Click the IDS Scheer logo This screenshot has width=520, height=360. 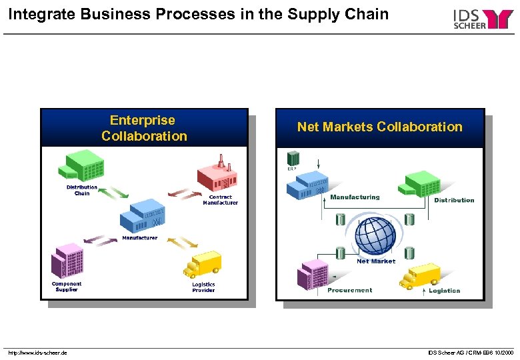pos(483,19)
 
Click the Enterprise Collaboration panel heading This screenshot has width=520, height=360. pos(144,128)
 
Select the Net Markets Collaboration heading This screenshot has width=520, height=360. pos(379,127)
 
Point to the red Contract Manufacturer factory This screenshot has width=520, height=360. pos(217,173)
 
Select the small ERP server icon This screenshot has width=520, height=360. pos(292,159)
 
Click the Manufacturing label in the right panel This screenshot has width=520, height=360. pos(355,197)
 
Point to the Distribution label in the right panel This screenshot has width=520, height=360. pos(454,200)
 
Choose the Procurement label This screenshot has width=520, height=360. pos(350,291)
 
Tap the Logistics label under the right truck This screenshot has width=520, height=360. pos(444,291)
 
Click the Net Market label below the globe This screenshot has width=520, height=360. pos(376,261)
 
